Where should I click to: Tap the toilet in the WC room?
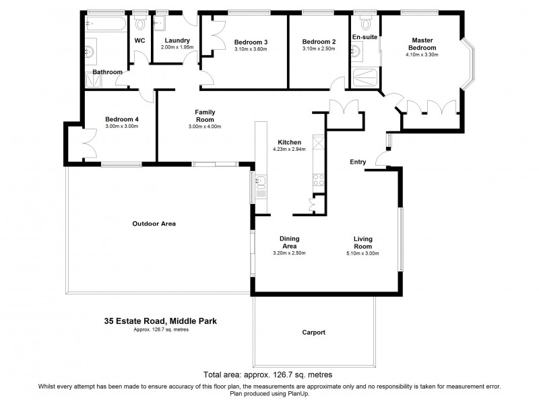[x=140, y=24]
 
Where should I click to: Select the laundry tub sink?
[x=161, y=24]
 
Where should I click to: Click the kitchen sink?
[x=259, y=181]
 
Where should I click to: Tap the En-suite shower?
[x=366, y=77]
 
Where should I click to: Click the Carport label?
[x=314, y=333]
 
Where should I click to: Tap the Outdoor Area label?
[x=154, y=224]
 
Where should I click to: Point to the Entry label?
[x=358, y=162]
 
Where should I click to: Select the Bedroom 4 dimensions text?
[x=121, y=127]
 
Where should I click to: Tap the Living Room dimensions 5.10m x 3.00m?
[x=363, y=253]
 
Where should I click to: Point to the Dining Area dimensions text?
[x=290, y=253]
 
